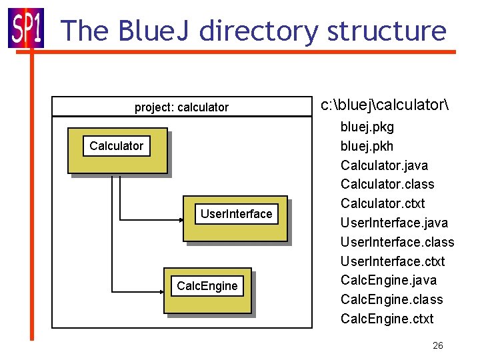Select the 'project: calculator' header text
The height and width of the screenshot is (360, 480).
pos(181,107)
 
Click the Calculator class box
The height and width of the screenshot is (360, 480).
pos(117,150)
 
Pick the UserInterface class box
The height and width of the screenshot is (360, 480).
pos(236,218)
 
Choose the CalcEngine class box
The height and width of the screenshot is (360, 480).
pos(207,290)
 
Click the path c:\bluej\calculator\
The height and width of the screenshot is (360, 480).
pos(385,105)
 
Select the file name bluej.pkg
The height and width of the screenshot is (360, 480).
pos(367,127)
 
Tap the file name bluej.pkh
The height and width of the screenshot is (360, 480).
pos(367,146)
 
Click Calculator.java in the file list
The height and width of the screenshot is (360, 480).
pos(384,165)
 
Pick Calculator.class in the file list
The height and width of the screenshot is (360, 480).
pos(387,184)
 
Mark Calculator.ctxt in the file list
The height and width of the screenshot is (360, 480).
pos(382,203)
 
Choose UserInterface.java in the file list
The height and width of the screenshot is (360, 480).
pos(394,223)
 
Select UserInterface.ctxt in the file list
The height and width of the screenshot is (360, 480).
pos(392,261)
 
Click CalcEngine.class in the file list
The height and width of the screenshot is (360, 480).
pos(391,299)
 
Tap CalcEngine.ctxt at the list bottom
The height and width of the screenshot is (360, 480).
pos(387,319)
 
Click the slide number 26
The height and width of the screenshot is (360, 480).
pos(437,345)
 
